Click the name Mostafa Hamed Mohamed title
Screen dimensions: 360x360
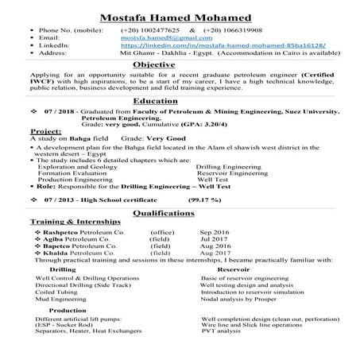coord(180,16)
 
